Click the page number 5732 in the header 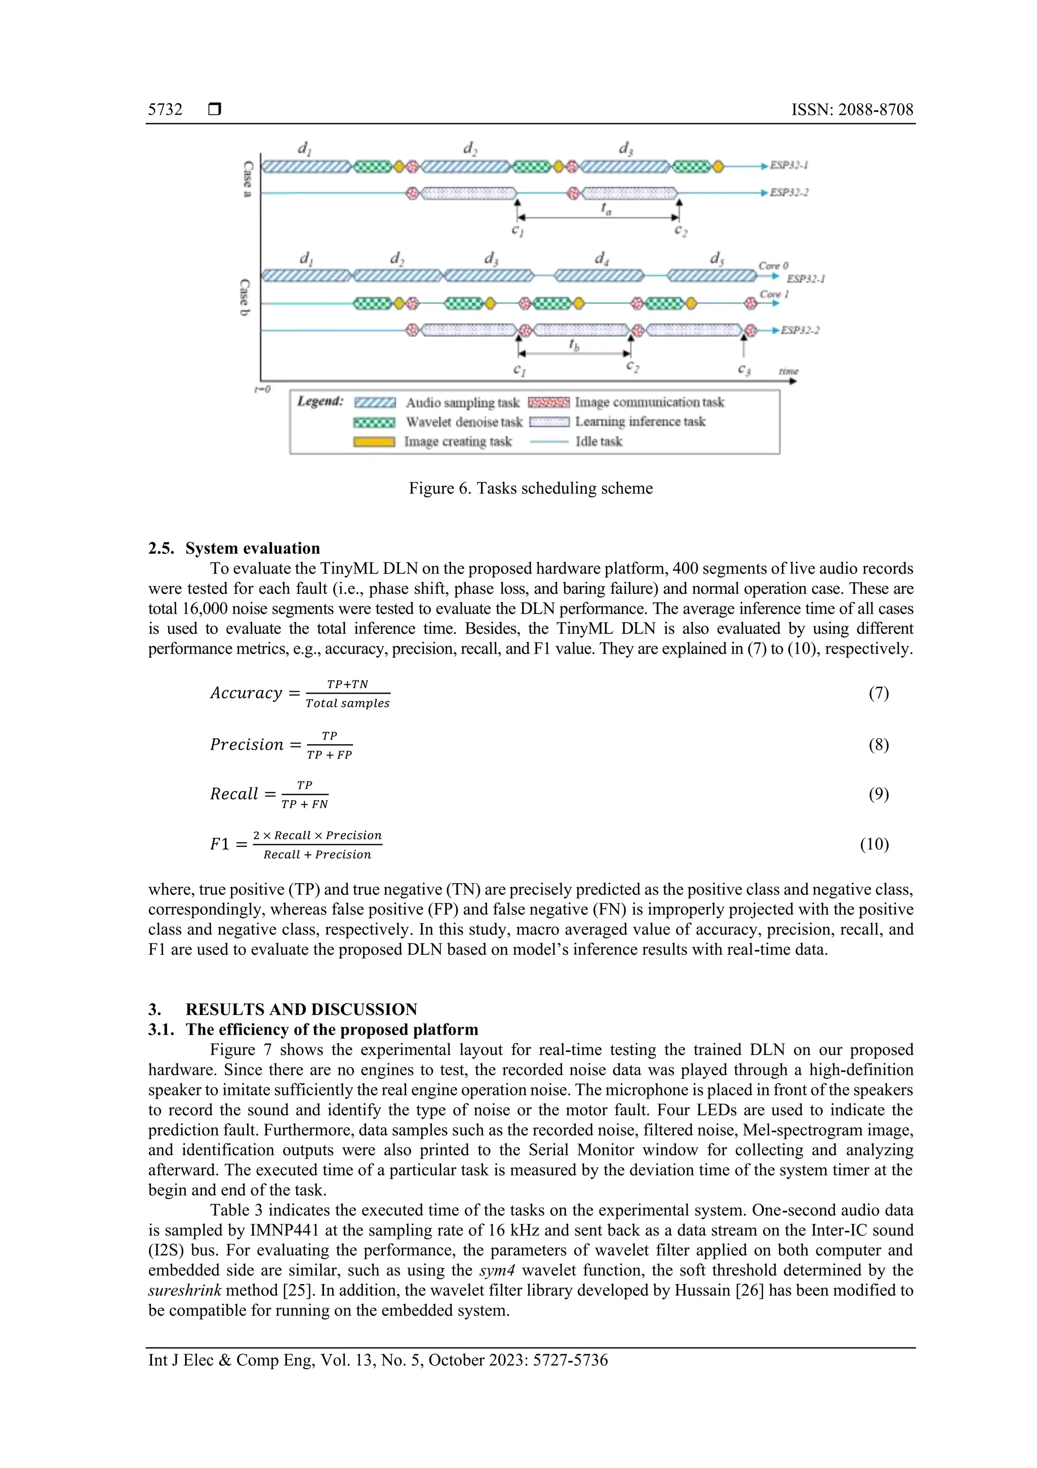click(165, 109)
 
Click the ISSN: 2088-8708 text click(852, 109)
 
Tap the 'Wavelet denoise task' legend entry click(464, 422)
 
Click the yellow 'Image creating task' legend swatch click(374, 442)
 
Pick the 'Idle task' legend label click(598, 441)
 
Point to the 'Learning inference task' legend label click(640, 421)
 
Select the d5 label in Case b click(717, 258)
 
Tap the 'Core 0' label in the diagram click(773, 266)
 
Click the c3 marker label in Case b click(744, 369)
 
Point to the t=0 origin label click(262, 389)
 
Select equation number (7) click(878, 693)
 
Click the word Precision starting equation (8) click(247, 744)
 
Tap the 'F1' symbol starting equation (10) click(219, 844)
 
